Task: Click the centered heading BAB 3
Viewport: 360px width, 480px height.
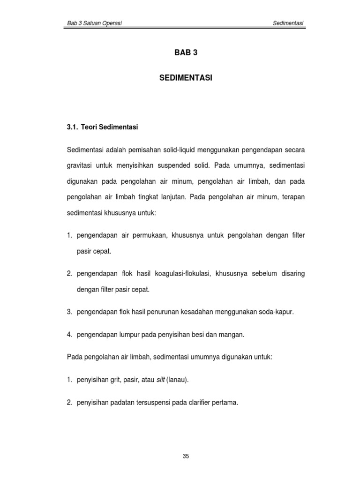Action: click(x=186, y=53)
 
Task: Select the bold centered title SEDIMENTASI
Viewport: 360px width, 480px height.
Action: click(x=186, y=78)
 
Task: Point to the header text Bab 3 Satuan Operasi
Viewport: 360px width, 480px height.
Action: click(x=93, y=23)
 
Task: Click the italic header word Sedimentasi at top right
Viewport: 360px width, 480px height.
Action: click(x=289, y=23)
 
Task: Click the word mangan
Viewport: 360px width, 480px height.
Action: click(x=235, y=335)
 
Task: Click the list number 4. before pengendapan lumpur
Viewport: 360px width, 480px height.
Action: click(x=70, y=335)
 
